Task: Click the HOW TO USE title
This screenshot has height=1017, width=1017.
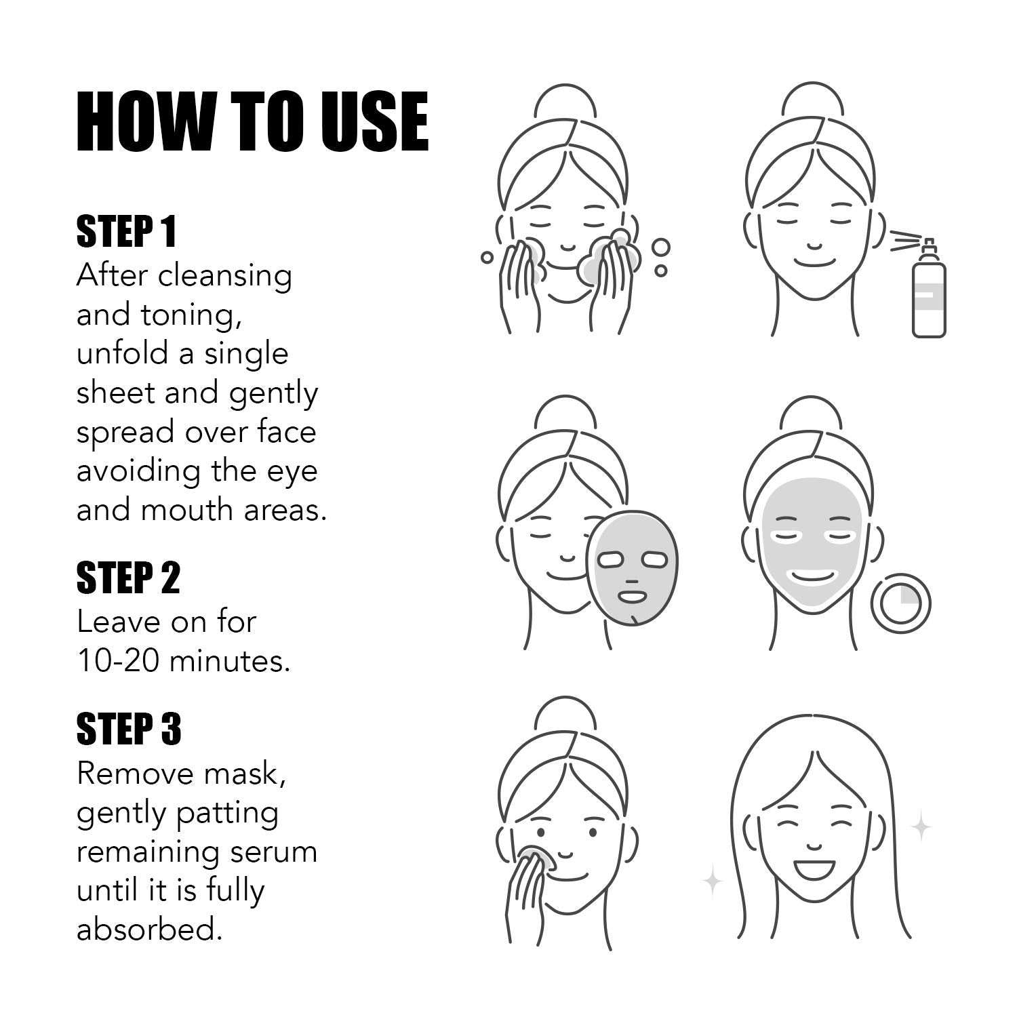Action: coord(252,122)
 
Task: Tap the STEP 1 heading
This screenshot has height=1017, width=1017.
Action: coord(126,232)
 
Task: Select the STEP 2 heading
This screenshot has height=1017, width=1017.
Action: coord(128,578)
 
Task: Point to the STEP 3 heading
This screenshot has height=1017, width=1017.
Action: coord(129,729)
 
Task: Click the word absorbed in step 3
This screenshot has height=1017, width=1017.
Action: coord(149,930)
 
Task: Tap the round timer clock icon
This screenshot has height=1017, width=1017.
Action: coord(900,603)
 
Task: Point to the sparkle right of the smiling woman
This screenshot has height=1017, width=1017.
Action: coord(921,826)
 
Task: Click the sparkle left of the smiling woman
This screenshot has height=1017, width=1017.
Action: coord(713,882)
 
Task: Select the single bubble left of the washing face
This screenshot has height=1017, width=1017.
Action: coord(487,257)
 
